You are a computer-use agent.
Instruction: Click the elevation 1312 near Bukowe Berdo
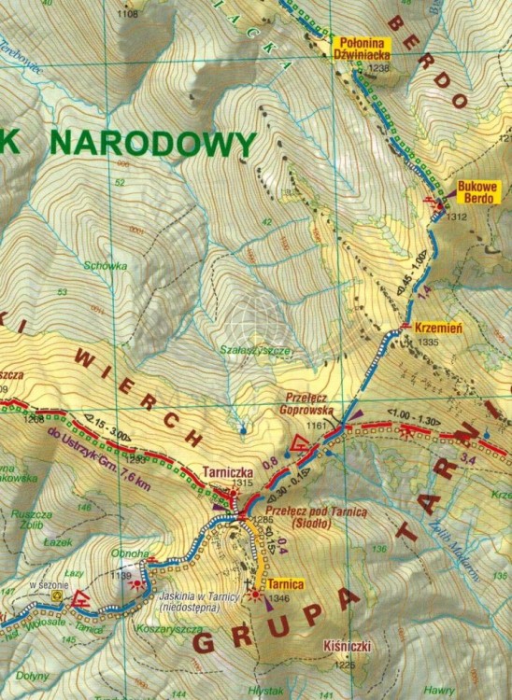coord(456,217)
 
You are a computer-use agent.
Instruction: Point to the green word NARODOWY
coord(151,145)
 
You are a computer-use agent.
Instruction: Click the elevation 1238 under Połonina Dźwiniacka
coord(378,68)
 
